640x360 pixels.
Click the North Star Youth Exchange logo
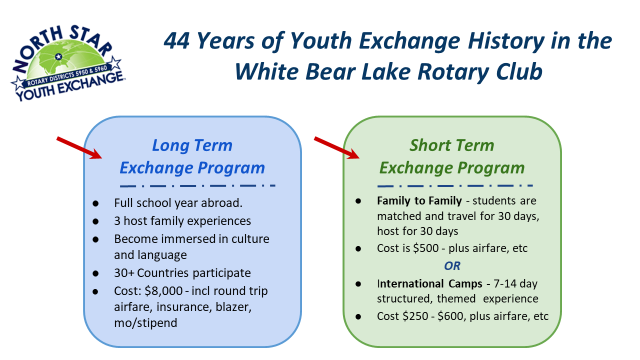click(67, 63)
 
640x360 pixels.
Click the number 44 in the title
click(176, 41)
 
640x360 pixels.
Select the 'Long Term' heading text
click(192, 145)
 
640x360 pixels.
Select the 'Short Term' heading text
click(451, 145)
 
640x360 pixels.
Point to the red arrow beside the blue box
click(79, 147)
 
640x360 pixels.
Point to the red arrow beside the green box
click(337, 147)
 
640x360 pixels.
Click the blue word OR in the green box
click(452, 266)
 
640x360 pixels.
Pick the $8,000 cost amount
click(163, 291)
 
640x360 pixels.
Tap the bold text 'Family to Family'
click(419, 201)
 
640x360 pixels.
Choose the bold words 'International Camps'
click(429, 283)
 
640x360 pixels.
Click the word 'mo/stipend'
click(145, 323)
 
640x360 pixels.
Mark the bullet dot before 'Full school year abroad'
click(95, 203)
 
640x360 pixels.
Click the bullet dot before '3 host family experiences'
click(95, 221)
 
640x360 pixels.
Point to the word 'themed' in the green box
click(456, 299)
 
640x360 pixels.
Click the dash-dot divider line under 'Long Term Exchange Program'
click(197, 185)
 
